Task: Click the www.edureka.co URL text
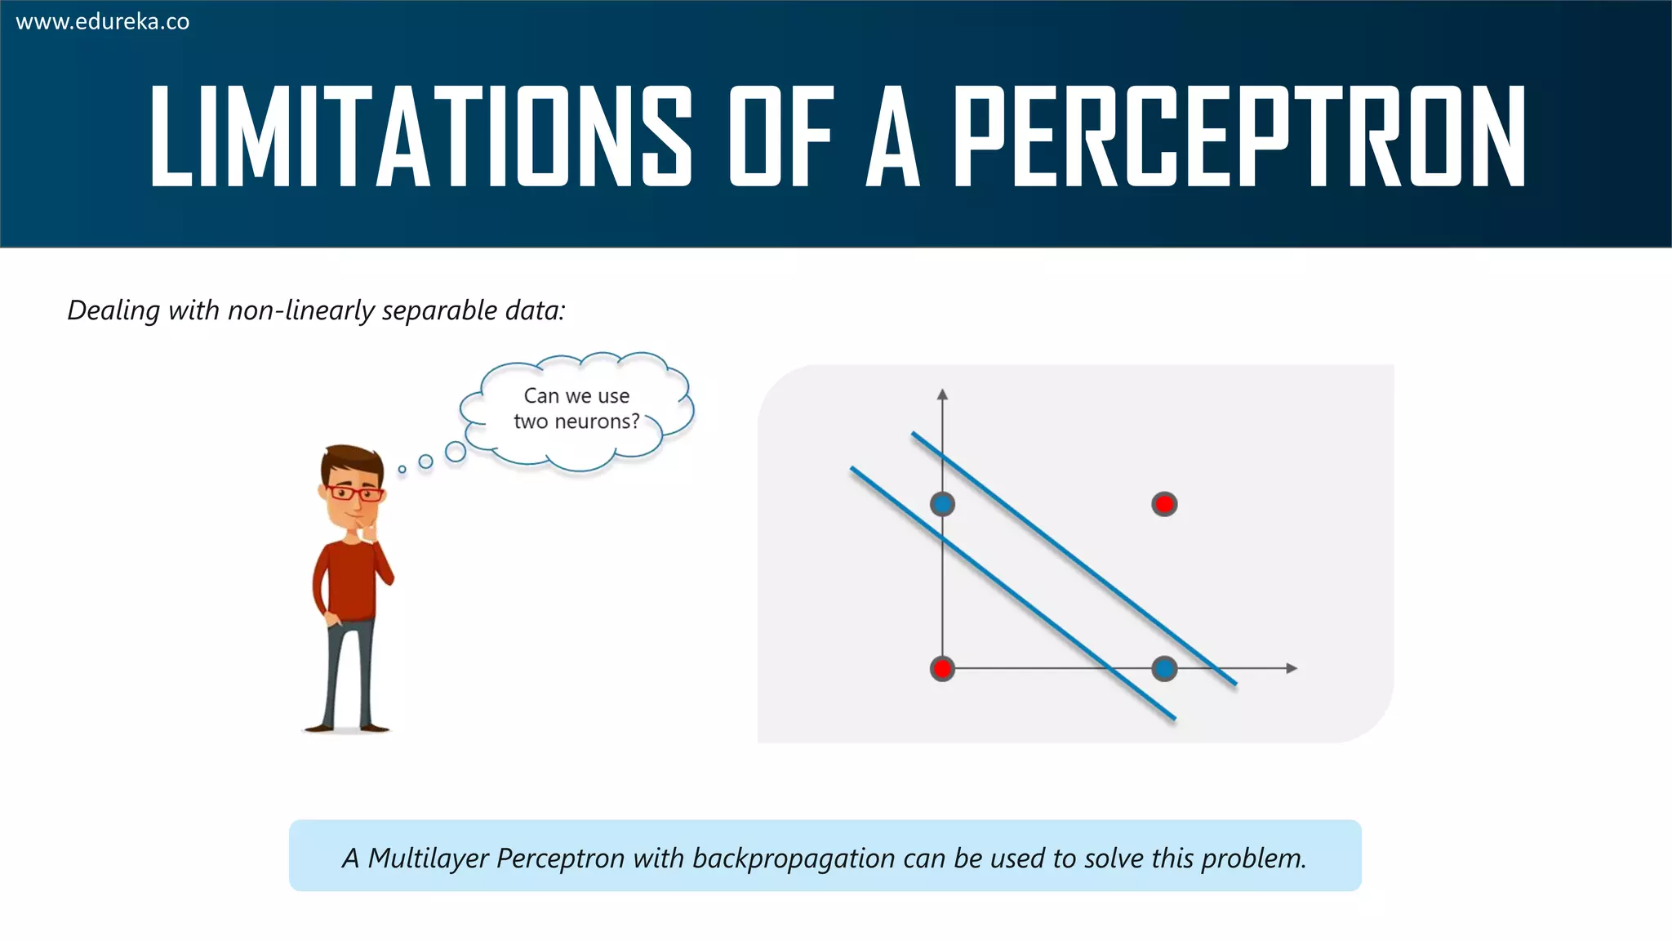[102, 22]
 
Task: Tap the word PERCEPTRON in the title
[1238, 136]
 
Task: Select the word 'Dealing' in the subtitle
[113, 310]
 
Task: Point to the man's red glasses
[354, 493]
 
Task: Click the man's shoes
[347, 726]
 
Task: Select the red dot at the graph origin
[942, 669]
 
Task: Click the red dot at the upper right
[1164, 504]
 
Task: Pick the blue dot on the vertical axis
[942, 504]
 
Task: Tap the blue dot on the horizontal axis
[1164, 669]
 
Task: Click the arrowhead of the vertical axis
[942, 395]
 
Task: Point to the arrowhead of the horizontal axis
[1291, 668]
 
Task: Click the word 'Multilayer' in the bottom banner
[428, 858]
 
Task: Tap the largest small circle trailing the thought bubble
[456, 451]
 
